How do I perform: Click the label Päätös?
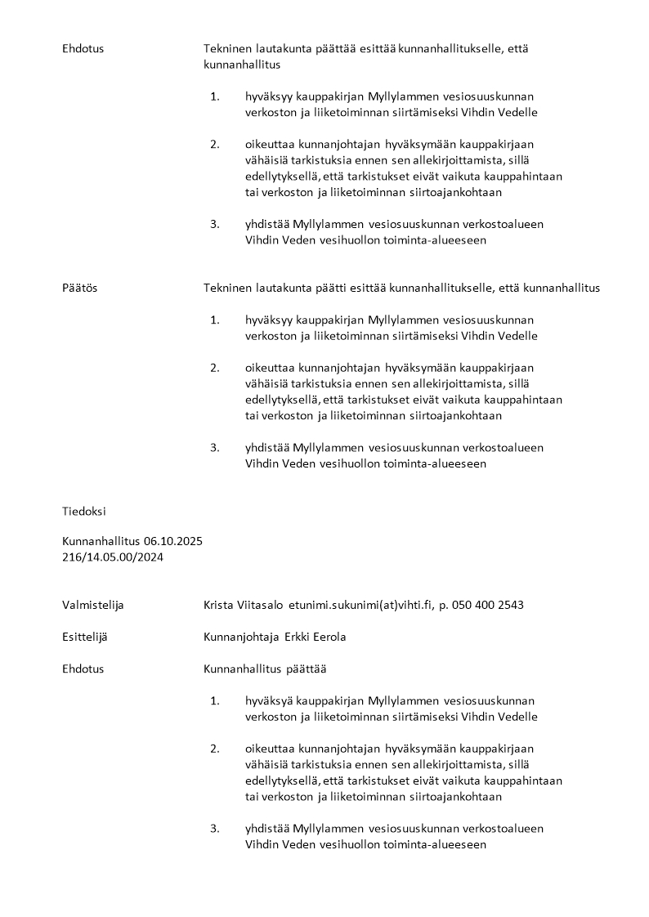[x=79, y=288]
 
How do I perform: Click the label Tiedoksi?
[x=83, y=511]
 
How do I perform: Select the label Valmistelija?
[x=93, y=605]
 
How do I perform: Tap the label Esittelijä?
[x=88, y=637]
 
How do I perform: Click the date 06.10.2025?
[x=173, y=541]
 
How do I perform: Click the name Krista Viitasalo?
[x=244, y=605]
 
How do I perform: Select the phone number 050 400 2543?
[x=487, y=605]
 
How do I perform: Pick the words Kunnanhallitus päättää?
[x=265, y=669]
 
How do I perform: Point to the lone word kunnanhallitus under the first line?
[x=242, y=64]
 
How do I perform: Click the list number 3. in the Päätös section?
[x=215, y=447]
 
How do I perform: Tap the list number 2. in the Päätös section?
[x=215, y=368]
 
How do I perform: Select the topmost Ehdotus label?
[x=83, y=48]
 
